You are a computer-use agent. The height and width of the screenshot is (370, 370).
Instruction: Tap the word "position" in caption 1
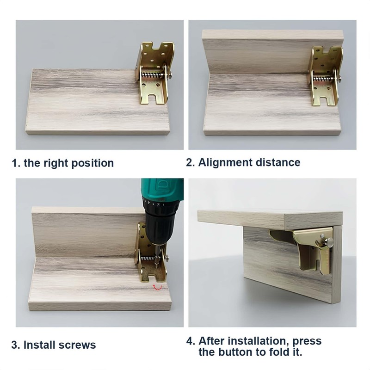92,164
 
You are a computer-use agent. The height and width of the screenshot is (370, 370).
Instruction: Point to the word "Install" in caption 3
39,345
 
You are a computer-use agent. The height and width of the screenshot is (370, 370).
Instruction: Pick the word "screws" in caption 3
77,345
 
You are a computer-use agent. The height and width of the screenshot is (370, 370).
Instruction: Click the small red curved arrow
157,287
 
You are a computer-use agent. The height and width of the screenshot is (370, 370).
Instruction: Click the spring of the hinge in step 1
152,75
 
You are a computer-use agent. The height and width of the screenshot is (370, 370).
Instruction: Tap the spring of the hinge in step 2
323,79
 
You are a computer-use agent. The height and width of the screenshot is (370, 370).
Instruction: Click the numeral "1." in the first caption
16,163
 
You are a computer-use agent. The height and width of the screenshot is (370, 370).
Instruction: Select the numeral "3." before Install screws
16,345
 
